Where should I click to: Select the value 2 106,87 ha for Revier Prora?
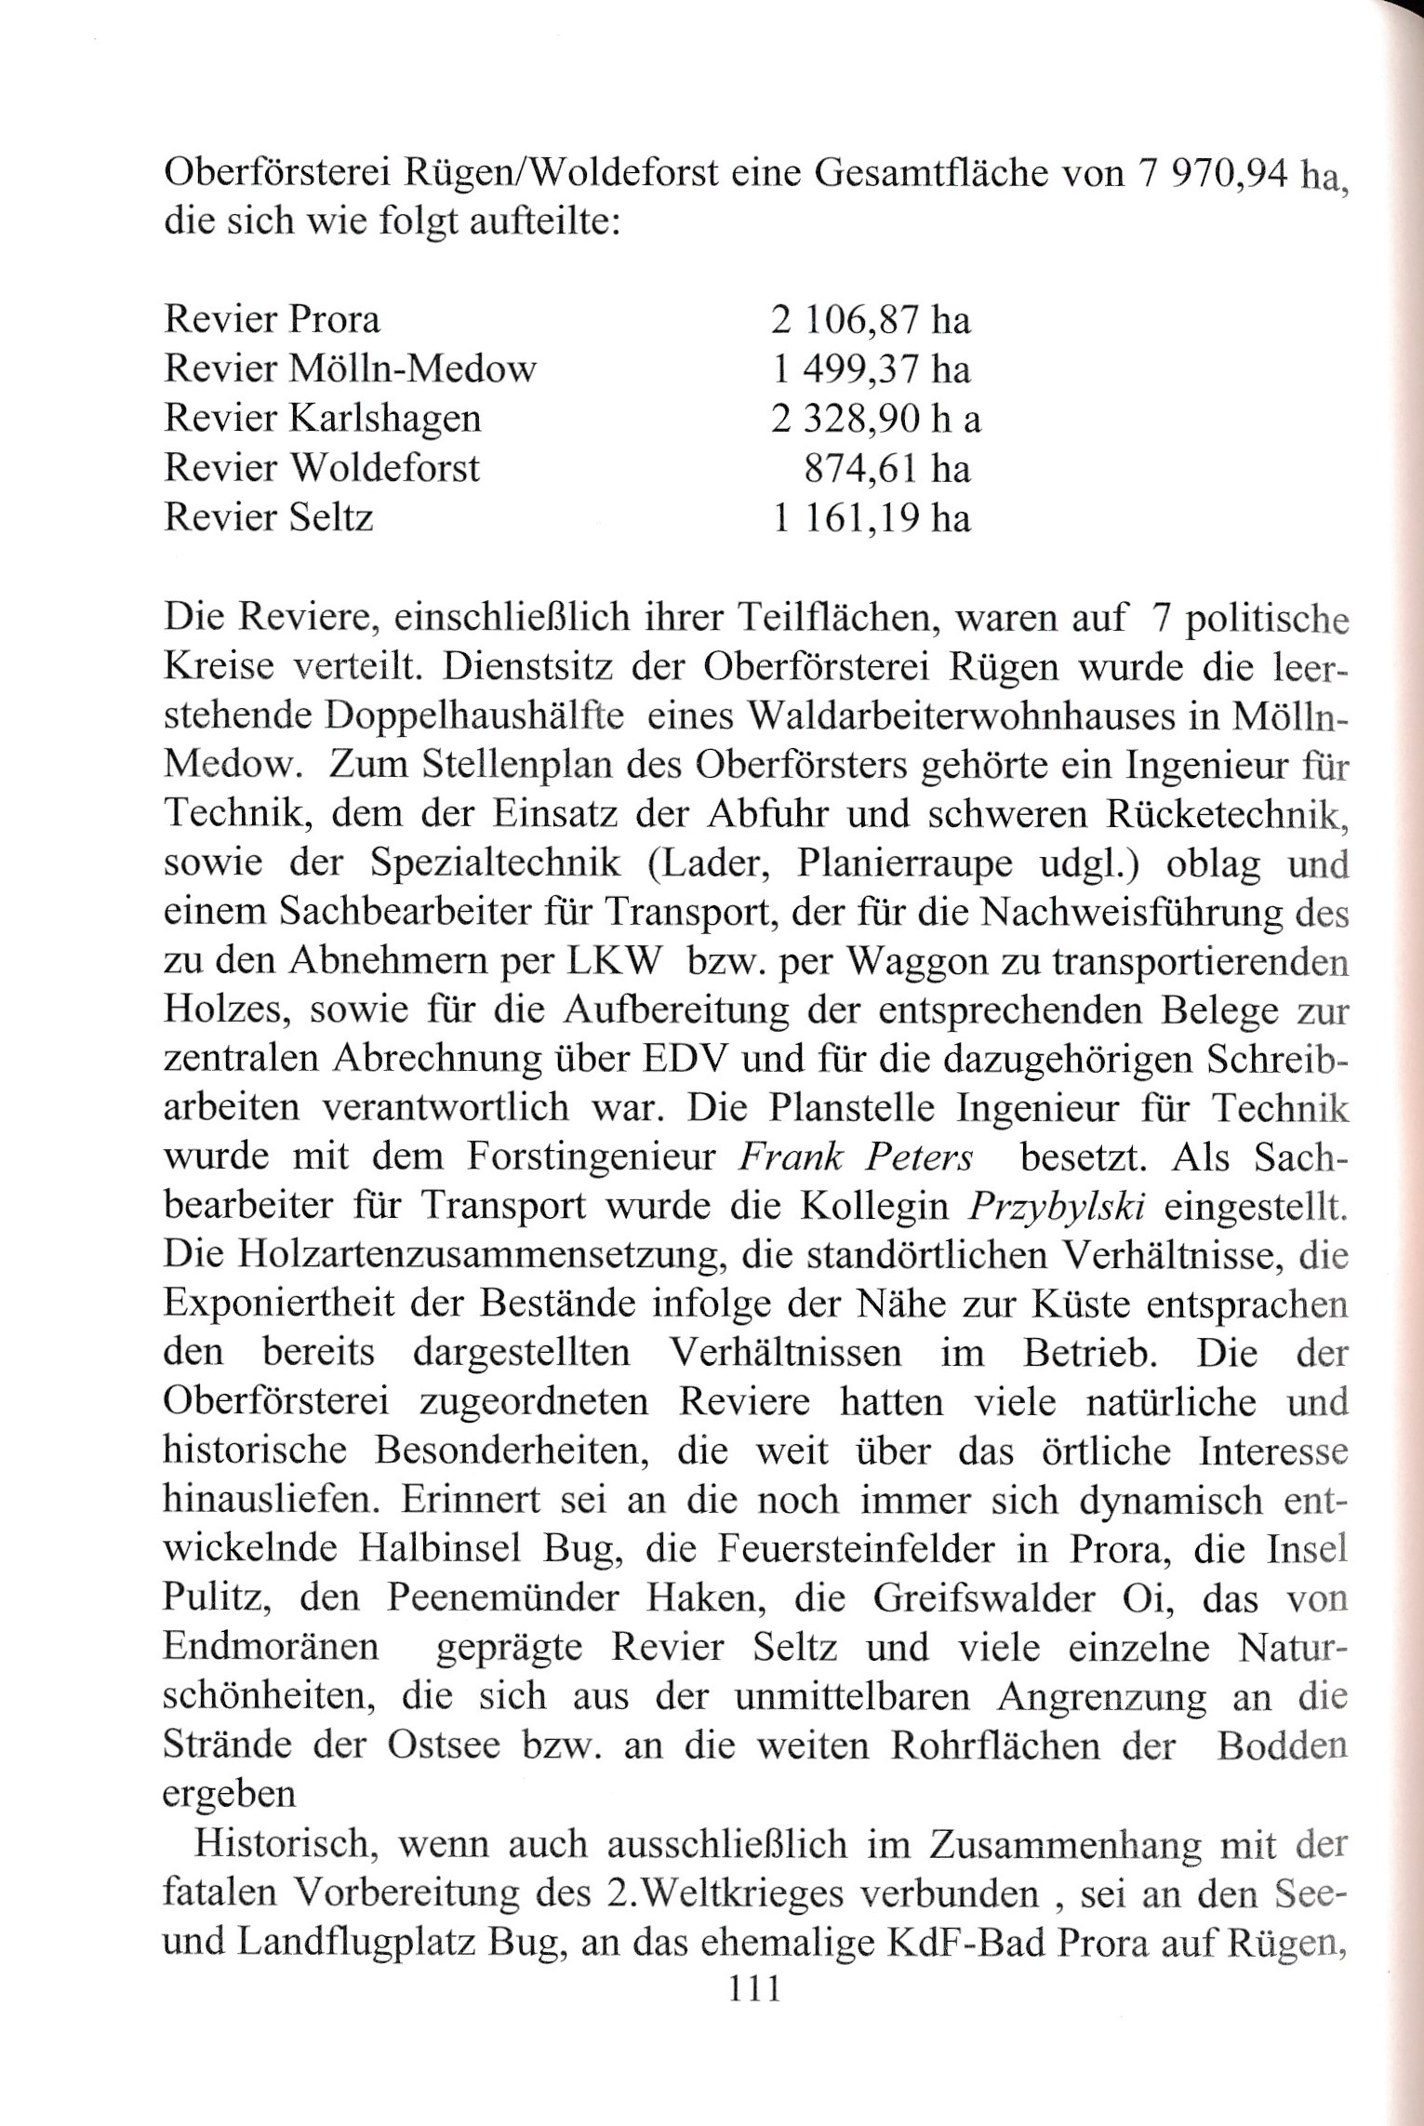coord(870,321)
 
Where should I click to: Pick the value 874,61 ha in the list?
coord(886,468)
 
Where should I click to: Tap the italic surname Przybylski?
coord(1056,1207)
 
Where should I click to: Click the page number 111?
coord(753,1988)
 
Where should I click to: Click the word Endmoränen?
coord(271,1648)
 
